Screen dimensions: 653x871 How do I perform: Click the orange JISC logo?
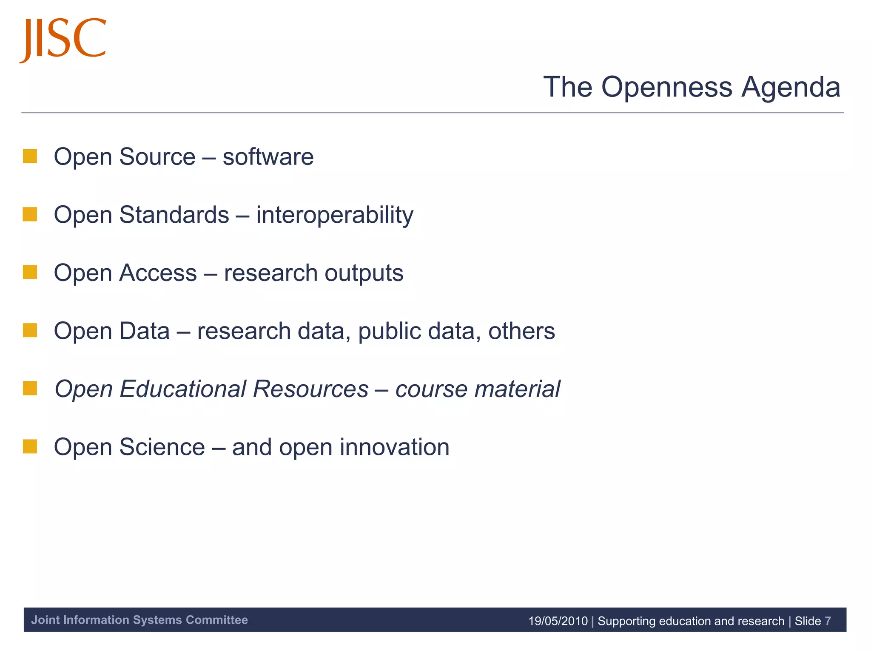(x=63, y=39)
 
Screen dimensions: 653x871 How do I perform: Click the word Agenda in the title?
(x=791, y=87)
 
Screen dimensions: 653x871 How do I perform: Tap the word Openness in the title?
(x=667, y=87)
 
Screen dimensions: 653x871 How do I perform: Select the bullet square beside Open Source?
(x=30, y=156)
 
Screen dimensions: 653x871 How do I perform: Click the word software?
(x=268, y=157)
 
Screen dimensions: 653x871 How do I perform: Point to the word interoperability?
(x=334, y=215)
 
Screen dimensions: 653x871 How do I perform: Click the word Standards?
(x=174, y=215)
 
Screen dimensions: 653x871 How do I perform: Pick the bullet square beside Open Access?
(x=30, y=272)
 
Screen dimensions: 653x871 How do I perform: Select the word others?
(x=521, y=331)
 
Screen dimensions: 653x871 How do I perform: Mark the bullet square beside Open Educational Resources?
(x=30, y=388)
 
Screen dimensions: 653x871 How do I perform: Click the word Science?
(x=162, y=447)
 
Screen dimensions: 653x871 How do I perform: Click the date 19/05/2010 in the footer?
(x=558, y=621)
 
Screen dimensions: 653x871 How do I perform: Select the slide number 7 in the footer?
(x=828, y=621)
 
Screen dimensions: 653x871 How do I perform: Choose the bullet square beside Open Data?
(x=30, y=330)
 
